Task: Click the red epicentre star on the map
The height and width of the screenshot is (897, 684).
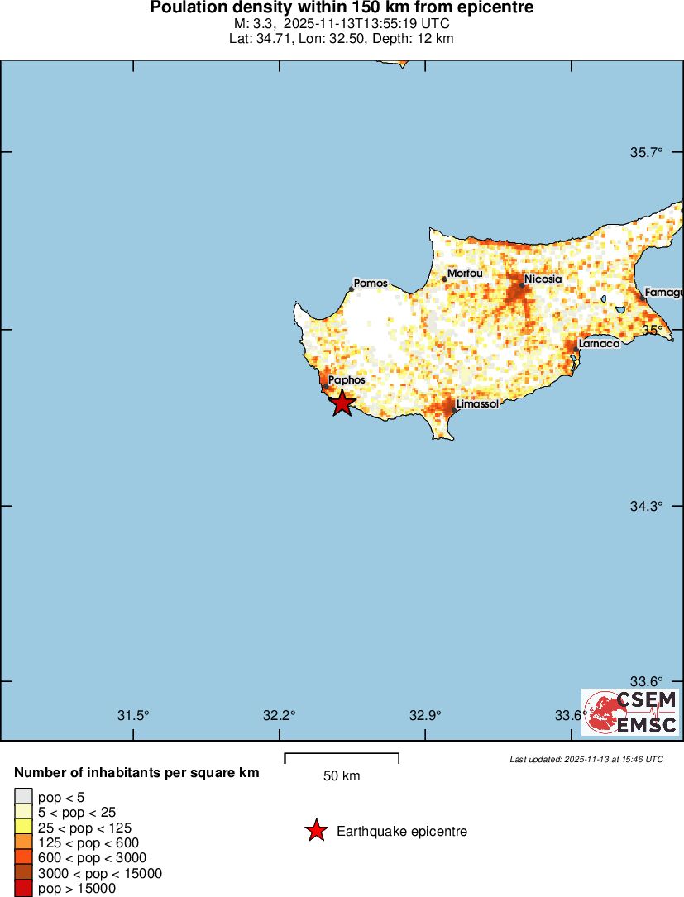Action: click(x=342, y=403)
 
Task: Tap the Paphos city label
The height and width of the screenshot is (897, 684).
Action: click(x=347, y=380)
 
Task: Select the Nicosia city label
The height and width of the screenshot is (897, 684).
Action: click(x=543, y=279)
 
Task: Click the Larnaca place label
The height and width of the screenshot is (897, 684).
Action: click(x=600, y=343)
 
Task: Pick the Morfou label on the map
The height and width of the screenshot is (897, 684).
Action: click(x=465, y=274)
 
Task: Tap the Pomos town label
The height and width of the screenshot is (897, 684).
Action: click(x=371, y=284)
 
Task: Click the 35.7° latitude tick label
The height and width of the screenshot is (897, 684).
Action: click(x=647, y=153)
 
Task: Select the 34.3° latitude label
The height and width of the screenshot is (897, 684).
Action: click(x=647, y=506)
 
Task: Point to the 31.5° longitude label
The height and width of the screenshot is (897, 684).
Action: click(x=132, y=715)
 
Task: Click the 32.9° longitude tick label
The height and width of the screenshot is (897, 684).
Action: click(x=425, y=715)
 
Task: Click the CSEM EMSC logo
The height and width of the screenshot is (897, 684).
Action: click(x=629, y=712)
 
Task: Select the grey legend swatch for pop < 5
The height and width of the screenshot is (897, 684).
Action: click(x=23, y=796)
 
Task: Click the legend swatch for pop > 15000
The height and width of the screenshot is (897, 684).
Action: click(x=23, y=889)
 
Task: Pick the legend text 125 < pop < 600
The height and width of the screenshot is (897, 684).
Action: click(x=88, y=842)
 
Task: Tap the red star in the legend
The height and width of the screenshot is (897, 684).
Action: click(x=316, y=831)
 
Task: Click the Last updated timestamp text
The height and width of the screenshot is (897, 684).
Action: click(x=586, y=759)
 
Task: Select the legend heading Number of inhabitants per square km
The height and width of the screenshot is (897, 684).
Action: click(x=137, y=773)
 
